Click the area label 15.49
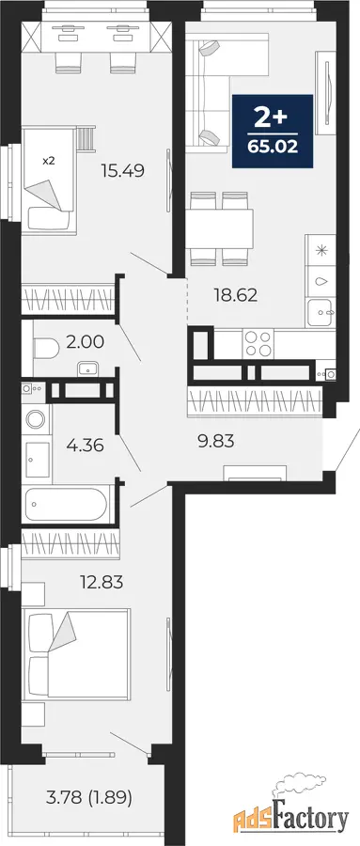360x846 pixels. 123,171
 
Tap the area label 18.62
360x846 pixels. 235,295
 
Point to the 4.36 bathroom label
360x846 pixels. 85,446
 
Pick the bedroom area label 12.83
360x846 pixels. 102,582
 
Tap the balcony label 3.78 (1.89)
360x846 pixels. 89,796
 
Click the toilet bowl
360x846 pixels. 46,349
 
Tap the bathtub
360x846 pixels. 66,504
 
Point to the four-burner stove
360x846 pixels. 258,343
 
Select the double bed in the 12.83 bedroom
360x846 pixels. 76,654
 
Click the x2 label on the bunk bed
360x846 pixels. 48,160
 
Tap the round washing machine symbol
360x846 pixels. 37,419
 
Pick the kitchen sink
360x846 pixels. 321,312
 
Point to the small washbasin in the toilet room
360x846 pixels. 87,368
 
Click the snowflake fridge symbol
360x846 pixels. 321,250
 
